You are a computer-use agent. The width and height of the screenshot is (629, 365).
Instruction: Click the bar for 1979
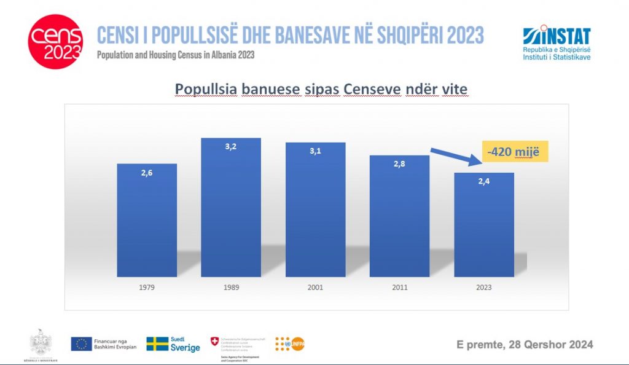tap(147, 221)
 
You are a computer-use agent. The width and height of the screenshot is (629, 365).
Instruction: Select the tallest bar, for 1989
tap(231, 209)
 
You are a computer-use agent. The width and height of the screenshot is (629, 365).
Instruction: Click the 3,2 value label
tap(231, 148)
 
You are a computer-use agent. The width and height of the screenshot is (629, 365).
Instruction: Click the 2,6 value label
tap(147, 174)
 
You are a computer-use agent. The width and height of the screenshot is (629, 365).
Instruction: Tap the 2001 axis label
tap(315, 287)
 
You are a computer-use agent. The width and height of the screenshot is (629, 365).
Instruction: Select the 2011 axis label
tap(399, 287)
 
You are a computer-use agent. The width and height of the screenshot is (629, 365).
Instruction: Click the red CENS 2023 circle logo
tap(55, 42)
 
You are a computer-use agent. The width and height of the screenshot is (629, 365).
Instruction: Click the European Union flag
tap(81, 344)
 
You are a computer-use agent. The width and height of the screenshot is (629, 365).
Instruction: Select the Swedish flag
tap(157, 344)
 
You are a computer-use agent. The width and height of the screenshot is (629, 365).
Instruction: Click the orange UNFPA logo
tap(289, 344)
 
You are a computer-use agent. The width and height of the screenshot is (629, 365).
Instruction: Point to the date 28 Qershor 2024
tap(525, 344)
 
